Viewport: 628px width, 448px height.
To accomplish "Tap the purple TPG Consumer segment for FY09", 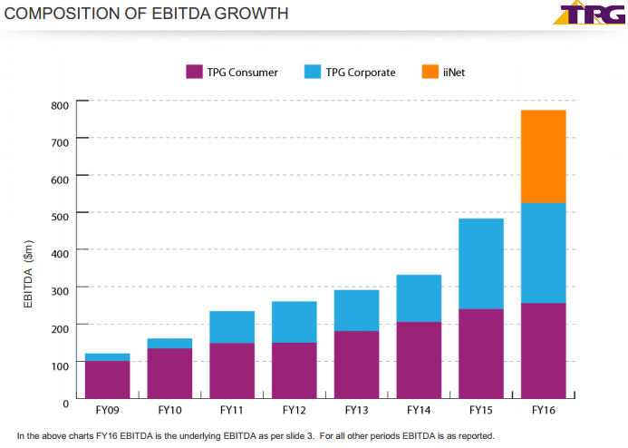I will [107, 379].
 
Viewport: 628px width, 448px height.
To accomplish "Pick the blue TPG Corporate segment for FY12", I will [295, 322].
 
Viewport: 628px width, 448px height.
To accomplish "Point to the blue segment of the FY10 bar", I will [169, 344].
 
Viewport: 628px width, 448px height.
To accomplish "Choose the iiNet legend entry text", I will [455, 73].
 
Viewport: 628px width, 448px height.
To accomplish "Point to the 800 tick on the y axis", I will [60, 105].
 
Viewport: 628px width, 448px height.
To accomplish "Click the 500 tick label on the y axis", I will [60, 213].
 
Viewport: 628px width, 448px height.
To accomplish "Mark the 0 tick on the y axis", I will [64, 400].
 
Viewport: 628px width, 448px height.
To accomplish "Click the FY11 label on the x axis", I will [232, 410].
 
